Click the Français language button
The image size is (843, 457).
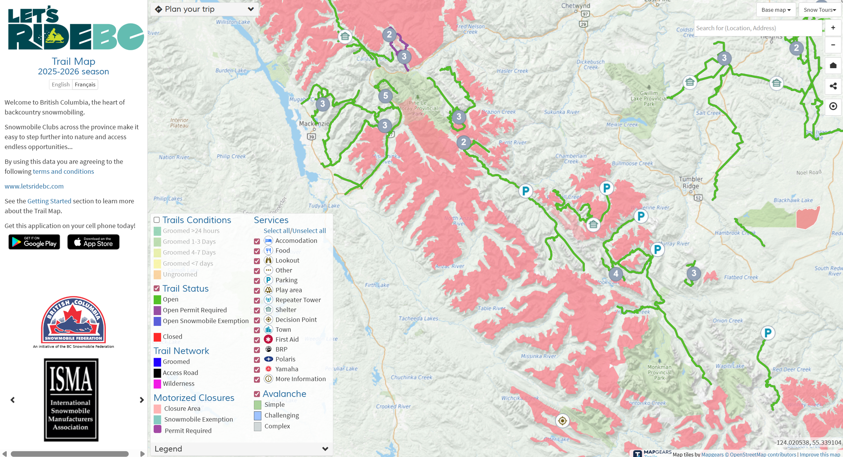click(85, 84)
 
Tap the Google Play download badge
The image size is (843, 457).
click(34, 242)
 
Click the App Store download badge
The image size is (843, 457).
click(93, 242)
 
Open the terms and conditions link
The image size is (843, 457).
click(63, 171)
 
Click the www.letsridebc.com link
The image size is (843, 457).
click(34, 186)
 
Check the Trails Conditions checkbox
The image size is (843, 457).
click(157, 220)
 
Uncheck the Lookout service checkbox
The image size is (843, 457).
click(257, 261)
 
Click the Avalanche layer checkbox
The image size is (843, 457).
click(257, 394)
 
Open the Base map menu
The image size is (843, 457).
click(776, 10)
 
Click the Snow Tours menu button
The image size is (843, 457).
click(819, 10)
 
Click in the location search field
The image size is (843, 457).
click(757, 28)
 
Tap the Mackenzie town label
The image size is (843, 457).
click(314, 124)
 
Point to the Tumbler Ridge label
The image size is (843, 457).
click(691, 182)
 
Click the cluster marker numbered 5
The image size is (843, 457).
click(385, 96)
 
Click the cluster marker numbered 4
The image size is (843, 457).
click(616, 274)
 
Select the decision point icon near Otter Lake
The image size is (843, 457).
click(562, 421)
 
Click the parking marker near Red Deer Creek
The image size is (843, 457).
click(768, 333)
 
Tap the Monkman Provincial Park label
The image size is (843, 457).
click(659, 372)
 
